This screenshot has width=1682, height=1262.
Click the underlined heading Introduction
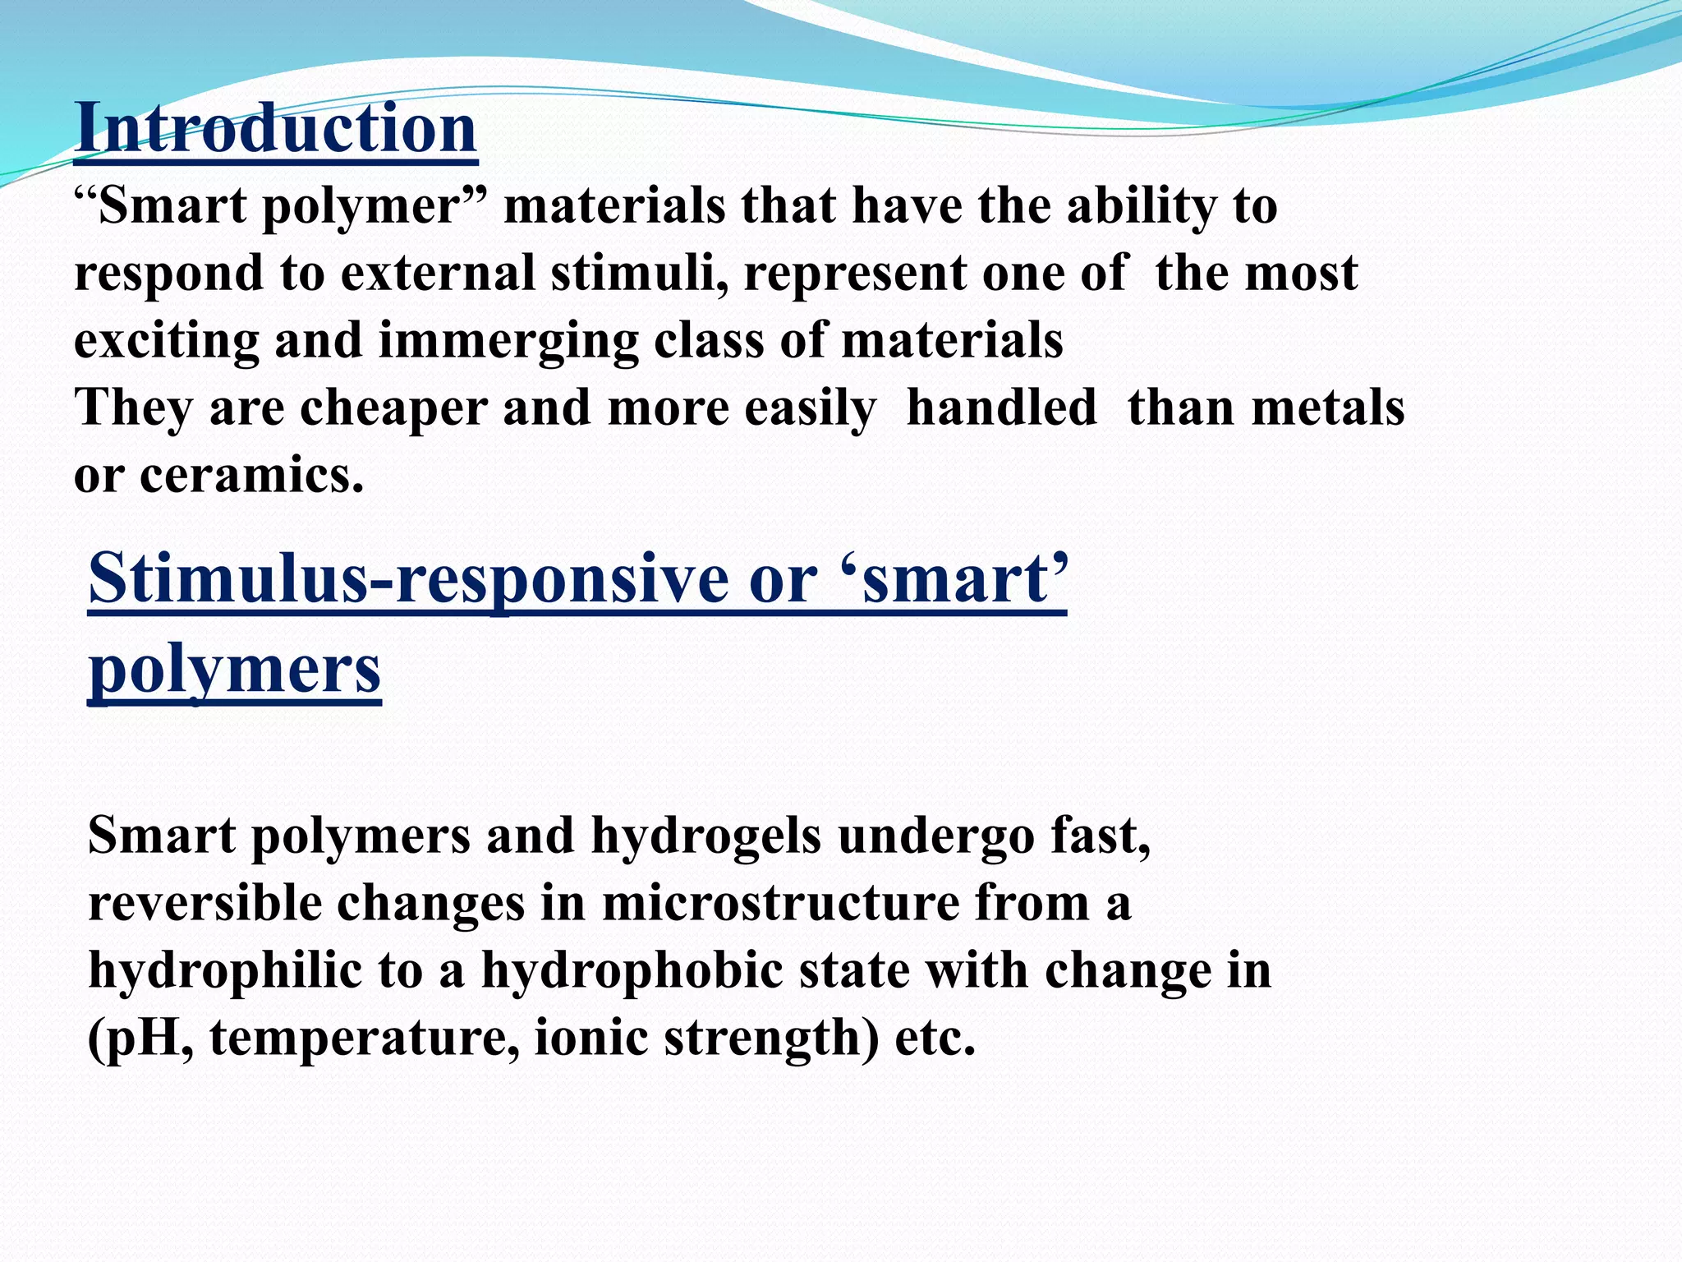276,129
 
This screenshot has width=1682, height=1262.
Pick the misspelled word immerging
508,342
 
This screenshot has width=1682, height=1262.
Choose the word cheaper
393,408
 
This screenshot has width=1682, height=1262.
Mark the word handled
1001,408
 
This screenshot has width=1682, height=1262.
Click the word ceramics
251,476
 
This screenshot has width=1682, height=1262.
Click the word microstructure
780,904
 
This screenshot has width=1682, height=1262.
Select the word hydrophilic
224,971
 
